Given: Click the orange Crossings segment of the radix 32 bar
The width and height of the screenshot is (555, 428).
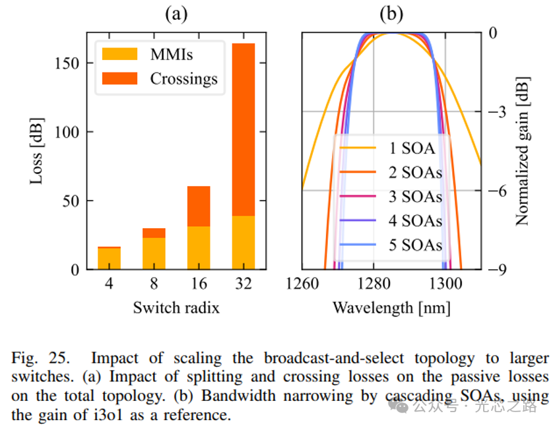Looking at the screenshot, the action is (x=244, y=129).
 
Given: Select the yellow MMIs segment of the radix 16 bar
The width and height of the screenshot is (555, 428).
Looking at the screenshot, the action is (x=199, y=247).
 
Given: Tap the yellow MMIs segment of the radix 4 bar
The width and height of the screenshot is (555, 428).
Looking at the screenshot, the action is (x=109, y=259).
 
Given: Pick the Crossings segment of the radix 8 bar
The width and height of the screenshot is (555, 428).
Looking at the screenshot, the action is (x=154, y=233).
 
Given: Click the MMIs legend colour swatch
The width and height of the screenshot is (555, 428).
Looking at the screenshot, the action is (x=119, y=54).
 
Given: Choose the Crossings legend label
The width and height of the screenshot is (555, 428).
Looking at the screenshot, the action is (x=183, y=79).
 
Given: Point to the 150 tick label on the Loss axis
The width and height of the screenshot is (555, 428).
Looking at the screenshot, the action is (x=67, y=63).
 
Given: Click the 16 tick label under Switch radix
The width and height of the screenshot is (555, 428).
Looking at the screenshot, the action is (x=199, y=284).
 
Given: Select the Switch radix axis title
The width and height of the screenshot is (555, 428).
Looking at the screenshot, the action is (x=176, y=308).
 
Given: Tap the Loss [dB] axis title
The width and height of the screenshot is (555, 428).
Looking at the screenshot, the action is (x=36, y=151).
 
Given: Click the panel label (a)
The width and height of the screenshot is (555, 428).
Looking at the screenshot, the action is (x=176, y=14).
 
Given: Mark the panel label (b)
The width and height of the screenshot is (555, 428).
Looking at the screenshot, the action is (x=391, y=14).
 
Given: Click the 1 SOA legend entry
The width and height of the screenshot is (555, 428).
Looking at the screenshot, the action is (x=387, y=148).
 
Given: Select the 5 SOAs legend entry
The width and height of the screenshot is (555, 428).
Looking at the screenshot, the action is (x=391, y=245).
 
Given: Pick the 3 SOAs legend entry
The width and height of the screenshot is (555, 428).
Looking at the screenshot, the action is (x=391, y=197).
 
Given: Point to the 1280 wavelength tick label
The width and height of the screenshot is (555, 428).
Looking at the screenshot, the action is (x=374, y=284).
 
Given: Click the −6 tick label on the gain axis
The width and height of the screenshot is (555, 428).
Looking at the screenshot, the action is (x=498, y=191).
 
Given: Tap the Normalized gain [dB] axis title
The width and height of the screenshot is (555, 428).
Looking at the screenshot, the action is (x=523, y=151).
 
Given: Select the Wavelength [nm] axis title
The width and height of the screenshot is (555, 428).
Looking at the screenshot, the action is (x=391, y=308).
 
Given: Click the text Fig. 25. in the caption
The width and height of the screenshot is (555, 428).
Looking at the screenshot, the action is (x=40, y=358).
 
